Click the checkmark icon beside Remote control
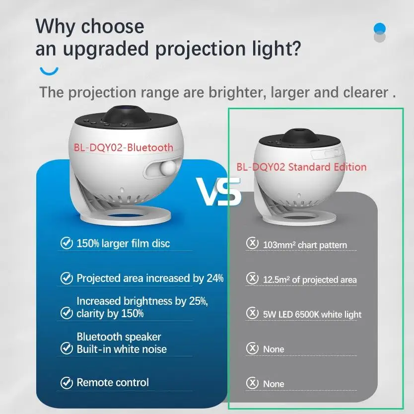67,383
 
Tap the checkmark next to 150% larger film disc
67,243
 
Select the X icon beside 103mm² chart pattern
252,243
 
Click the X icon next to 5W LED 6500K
252,313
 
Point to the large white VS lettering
218,191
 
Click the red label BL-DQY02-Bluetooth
123,147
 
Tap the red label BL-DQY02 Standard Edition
301,167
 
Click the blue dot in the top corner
380,28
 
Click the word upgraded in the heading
106,50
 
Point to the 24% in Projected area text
215,278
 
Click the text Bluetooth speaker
119,337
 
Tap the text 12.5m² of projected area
310,279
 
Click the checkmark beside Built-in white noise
67,348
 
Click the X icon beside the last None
252,383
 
